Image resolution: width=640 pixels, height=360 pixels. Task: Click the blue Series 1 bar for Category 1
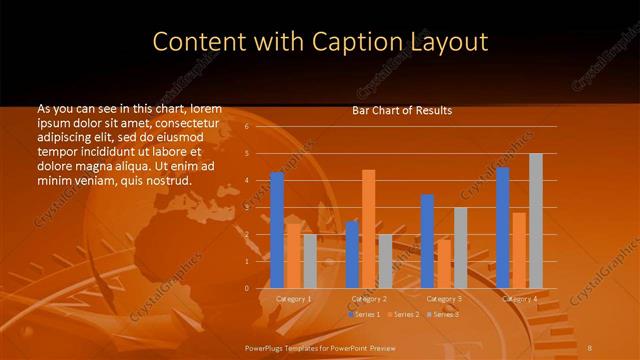pos(277,230)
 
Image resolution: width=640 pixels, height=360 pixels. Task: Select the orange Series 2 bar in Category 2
pos(368,229)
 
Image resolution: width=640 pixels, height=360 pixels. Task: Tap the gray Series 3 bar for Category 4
pos(536,221)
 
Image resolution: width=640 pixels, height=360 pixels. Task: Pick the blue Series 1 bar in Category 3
pos(427,241)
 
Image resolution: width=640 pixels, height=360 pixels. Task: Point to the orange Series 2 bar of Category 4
pos(519,250)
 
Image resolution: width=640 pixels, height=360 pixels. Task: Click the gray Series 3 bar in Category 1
pos(310,261)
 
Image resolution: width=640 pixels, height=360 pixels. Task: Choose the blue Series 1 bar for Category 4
pos(503,228)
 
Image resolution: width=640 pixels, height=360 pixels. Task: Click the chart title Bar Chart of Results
pos(402,110)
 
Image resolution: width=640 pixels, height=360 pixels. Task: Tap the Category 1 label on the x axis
pos(293,299)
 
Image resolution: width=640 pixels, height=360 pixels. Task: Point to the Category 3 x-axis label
pos(444,299)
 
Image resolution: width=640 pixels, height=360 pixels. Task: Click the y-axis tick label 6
pos(246,128)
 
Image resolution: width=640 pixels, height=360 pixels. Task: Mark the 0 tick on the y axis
pos(246,288)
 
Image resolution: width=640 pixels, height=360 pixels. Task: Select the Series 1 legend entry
pos(365,315)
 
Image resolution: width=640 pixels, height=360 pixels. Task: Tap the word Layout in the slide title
pos(441,42)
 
